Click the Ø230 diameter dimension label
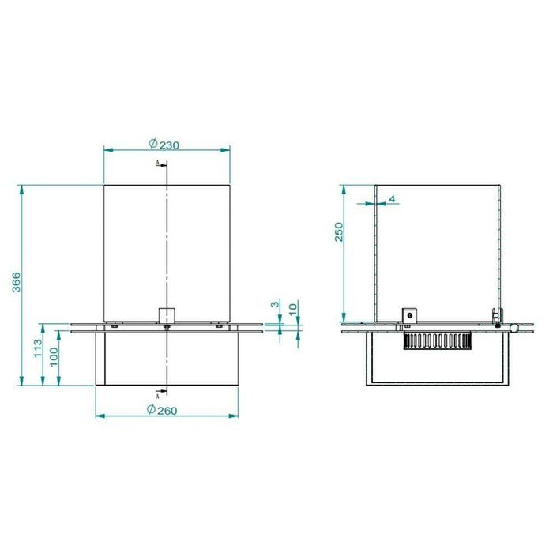(x=164, y=144)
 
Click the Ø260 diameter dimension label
(x=162, y=410)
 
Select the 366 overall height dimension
(x=17, y=282)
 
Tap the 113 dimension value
(x=38, y=348)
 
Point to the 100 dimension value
(x=54, y=357)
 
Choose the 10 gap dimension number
(x=293, y=309)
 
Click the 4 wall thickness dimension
(x=392, y=199)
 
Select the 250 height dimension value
(x=339, y=231)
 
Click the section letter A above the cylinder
(x=158, y=163)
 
